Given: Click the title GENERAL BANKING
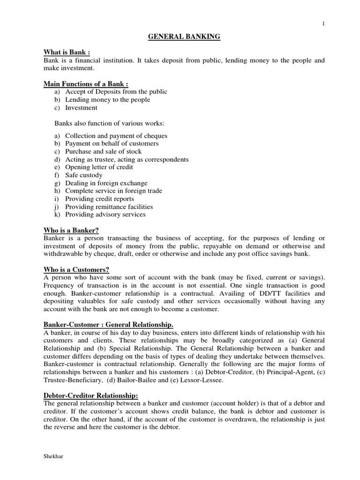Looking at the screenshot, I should tap(184, 37).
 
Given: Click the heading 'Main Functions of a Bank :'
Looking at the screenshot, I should tap(86, 83).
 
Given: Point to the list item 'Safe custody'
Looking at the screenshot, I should tap(84, 175).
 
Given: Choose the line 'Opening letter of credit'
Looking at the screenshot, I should tap(99, 167).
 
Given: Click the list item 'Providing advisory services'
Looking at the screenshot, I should tap(105, 215).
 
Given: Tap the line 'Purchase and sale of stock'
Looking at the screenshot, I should tap(103, 151).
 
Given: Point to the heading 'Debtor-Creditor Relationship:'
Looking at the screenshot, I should tap(91, 395).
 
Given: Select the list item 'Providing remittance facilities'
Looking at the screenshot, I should tap(109, 207).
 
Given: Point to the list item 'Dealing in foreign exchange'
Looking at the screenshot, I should tap(106, 183).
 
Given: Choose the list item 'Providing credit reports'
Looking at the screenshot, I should tap(99, 199).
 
